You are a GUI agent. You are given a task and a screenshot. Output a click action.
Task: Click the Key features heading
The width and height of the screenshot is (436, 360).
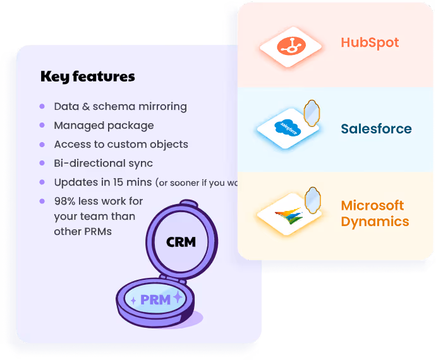(87, 77)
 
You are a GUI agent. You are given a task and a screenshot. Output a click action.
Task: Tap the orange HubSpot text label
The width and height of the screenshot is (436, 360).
(370, 43)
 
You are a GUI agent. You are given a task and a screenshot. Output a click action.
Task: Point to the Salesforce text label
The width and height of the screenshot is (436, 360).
(376, 129)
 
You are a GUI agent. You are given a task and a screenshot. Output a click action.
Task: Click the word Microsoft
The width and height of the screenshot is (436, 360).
(372, 206)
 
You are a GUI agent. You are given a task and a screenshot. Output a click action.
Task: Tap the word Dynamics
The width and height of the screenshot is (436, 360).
(375, 222)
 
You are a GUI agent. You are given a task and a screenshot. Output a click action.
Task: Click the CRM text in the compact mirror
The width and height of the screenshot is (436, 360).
(181, 241)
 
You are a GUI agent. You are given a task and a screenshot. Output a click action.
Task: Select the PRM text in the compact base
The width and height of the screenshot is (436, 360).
(155, 300)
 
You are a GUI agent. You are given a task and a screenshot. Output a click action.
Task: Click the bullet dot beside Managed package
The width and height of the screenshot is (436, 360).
(42, 126)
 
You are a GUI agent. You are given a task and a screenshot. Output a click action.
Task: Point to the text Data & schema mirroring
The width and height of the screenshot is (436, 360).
(120, 107)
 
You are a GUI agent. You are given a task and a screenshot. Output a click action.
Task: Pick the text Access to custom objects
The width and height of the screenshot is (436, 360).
(121, 145)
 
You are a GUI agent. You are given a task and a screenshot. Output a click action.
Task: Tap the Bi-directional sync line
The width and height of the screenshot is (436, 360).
(103, 164)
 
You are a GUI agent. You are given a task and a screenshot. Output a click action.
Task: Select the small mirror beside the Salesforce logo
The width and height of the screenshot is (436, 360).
(312, 112)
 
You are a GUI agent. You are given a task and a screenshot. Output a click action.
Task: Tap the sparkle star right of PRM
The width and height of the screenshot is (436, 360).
(178, 297)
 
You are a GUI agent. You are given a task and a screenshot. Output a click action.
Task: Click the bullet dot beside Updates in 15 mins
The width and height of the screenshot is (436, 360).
(42, 183)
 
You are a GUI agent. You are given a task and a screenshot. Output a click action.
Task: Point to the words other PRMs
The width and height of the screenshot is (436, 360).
(83, 231)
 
